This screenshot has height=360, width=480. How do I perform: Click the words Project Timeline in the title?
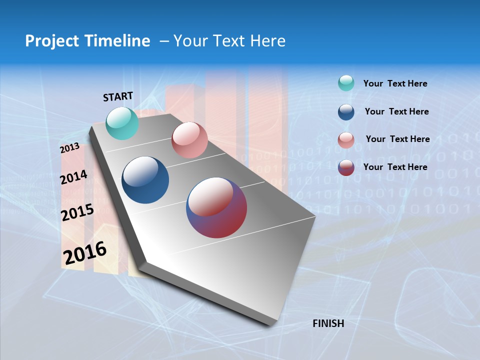(87, 41)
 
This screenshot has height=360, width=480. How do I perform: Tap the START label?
(118, 96)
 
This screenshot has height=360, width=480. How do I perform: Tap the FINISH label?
(328, 323)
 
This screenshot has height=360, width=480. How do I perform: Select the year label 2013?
(70, 148)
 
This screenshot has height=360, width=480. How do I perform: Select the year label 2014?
(74, 177)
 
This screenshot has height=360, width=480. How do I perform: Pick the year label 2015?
(77, 212)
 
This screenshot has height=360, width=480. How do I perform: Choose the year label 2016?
(85, 253)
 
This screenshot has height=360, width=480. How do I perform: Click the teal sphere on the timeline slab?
(122, 123)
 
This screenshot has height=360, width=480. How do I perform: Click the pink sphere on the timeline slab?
(189, 140)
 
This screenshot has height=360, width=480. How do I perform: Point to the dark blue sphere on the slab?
(145, 180)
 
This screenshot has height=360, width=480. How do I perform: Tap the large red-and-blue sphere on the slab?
(216, 207)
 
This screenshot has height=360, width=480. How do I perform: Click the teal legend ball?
(346, 83)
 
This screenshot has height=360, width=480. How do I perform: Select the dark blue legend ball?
(346, 112)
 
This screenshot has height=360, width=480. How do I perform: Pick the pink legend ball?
(346, 140)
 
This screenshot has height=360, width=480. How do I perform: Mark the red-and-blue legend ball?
(346, 167)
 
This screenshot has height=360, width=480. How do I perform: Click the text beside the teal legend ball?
(395, 83)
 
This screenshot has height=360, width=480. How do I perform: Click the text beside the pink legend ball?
(397, 139)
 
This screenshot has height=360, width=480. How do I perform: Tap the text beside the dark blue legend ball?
(396, 111)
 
